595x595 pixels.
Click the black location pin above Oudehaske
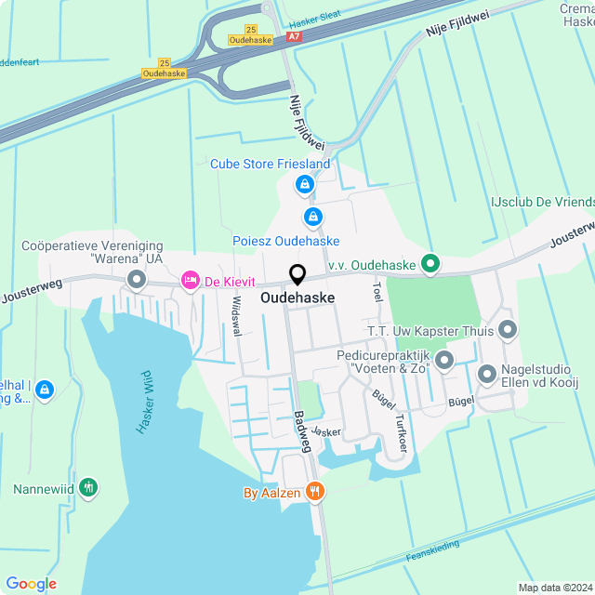(x=297, y=275)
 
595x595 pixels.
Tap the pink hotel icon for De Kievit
(x=191, y=280)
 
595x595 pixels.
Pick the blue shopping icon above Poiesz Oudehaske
(x=313, y=218)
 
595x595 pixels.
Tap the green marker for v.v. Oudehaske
(x=430, y=265)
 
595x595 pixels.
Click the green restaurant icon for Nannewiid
(x=88, y=487)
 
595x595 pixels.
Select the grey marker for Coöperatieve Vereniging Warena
(x=137, y=279)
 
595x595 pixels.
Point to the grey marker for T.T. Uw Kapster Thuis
(x=508, y=329)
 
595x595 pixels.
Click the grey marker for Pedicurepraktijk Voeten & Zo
(x=444, y=359)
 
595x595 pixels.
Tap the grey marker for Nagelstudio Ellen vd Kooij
(x=487, y=374)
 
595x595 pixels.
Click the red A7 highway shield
(x=295, y=36)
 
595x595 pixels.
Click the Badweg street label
(x=301, y=433)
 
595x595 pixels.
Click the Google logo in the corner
(x=31, y=583)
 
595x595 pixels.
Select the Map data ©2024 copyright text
(x=554, y=587)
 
